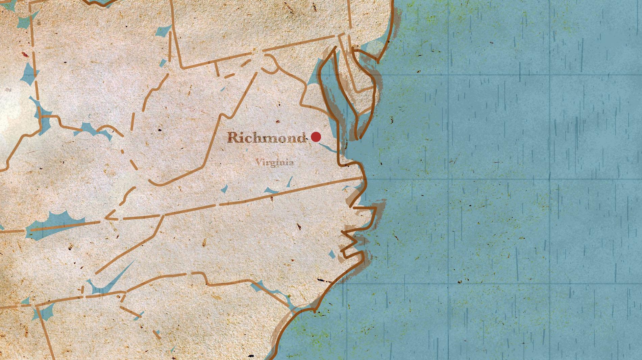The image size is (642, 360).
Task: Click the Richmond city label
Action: [x=267, y=137]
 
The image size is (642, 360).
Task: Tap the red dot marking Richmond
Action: [x=316, y=137]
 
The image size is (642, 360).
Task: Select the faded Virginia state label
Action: [x=274, y=162]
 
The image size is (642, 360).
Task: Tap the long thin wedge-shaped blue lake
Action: [x=115, y=275]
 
